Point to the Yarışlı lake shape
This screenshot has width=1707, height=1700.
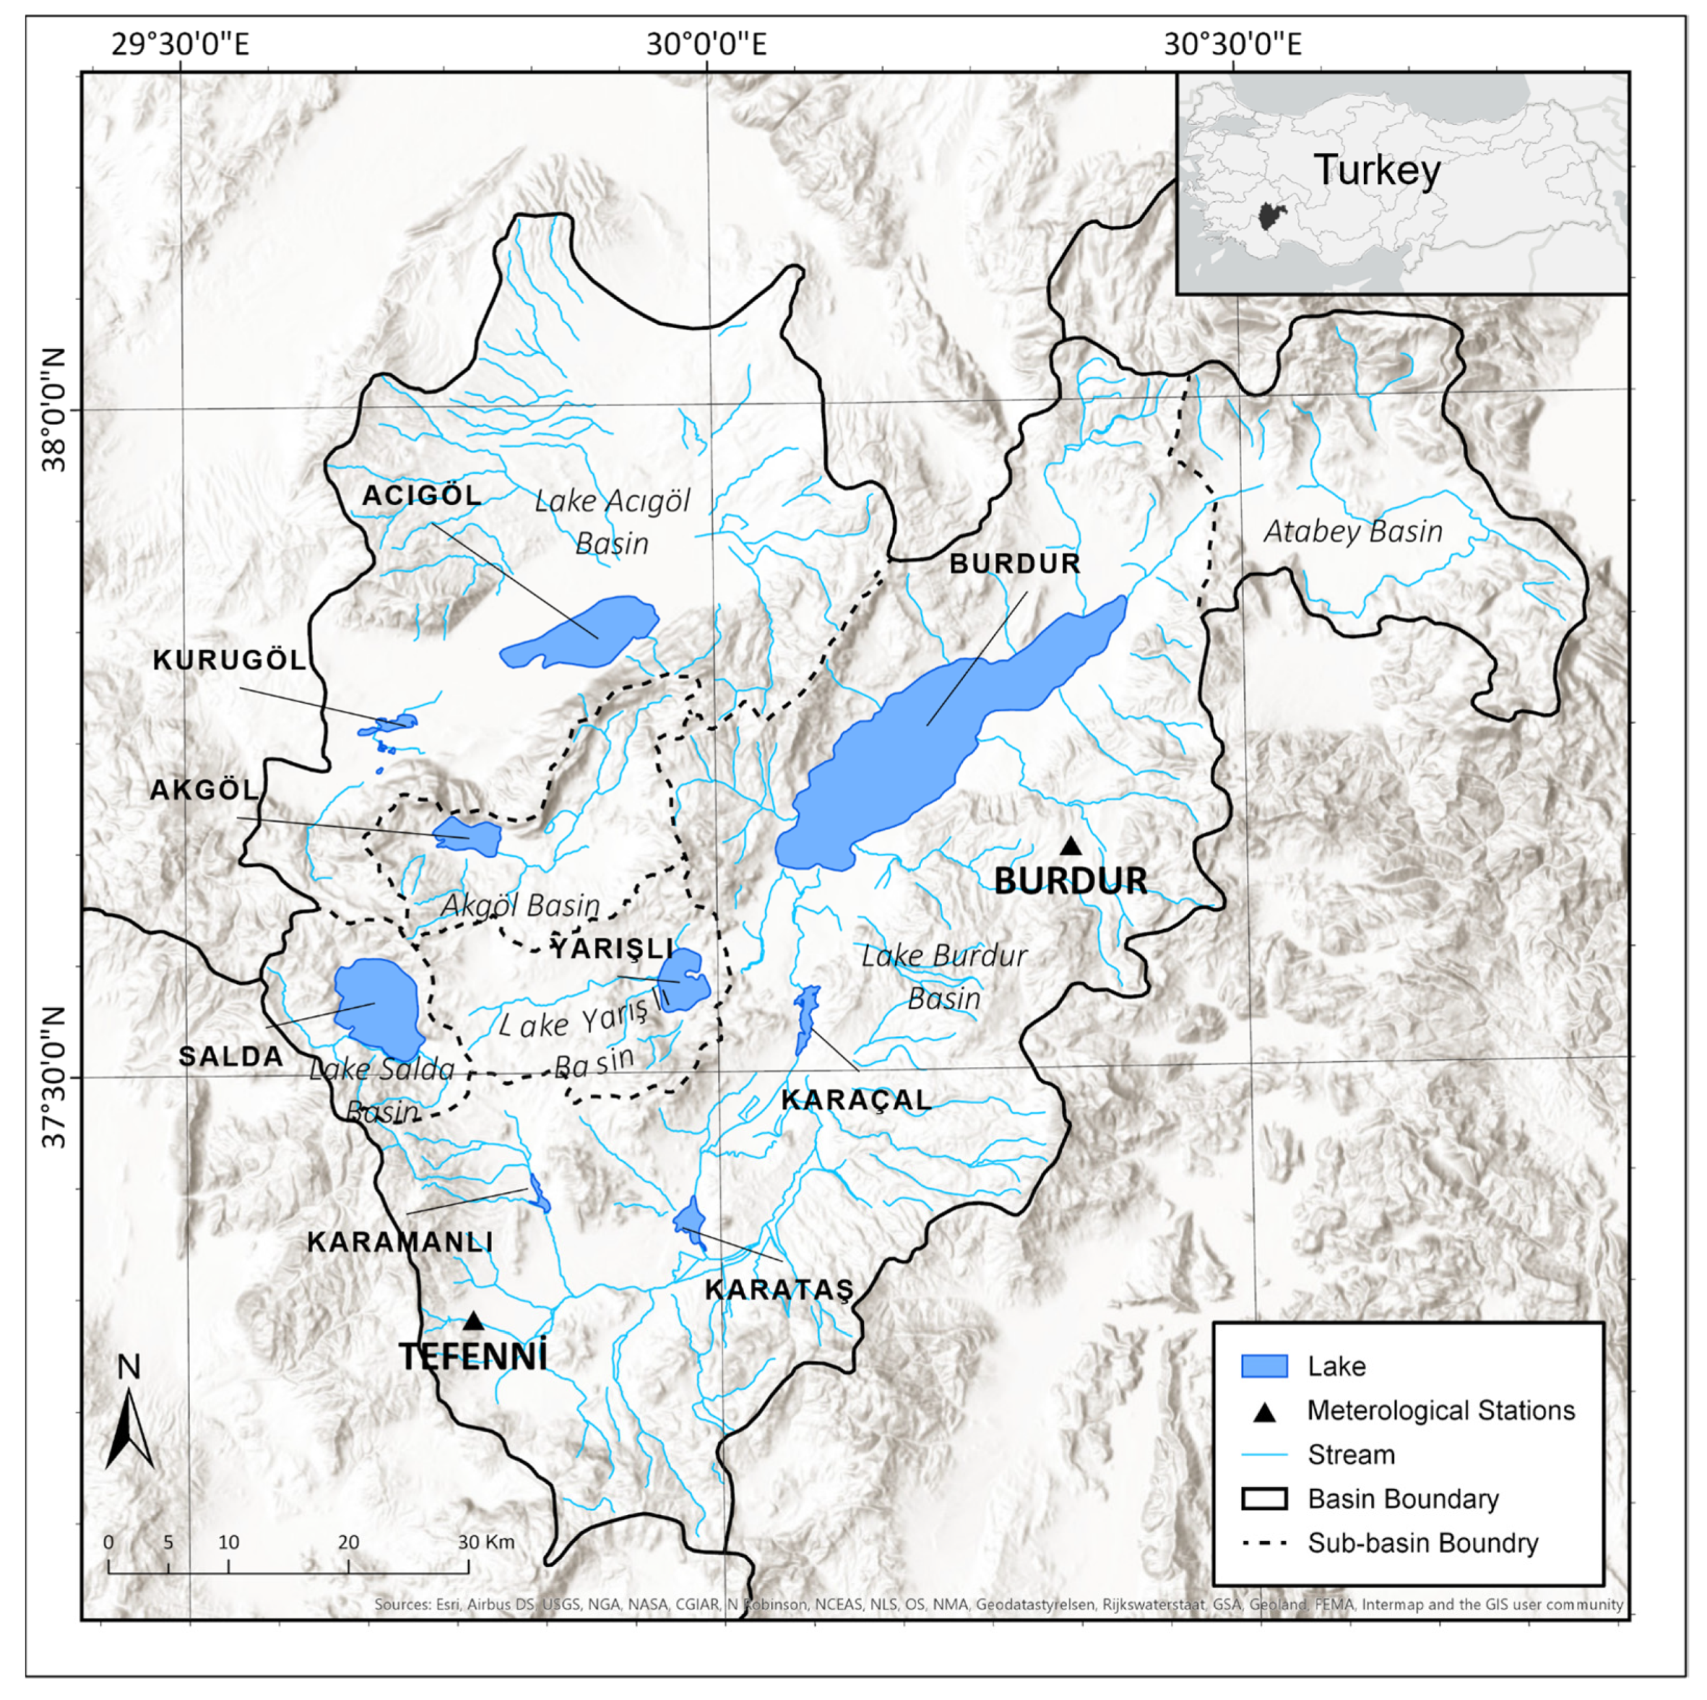(685, 979)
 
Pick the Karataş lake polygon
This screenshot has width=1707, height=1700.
(690, 1220)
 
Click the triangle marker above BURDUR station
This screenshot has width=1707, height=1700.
(1071, 846)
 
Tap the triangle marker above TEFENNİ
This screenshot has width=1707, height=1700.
(473, 1321)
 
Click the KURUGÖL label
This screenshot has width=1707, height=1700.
(230, 660)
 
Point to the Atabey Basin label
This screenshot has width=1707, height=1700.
(1353, 531)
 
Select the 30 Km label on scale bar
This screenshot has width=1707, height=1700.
(485, 1542)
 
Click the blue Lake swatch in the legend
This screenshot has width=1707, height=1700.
(1264, 1366)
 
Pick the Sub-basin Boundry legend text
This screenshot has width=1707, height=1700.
(1422, 1542)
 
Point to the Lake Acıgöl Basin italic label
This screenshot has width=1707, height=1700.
(612, 522)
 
